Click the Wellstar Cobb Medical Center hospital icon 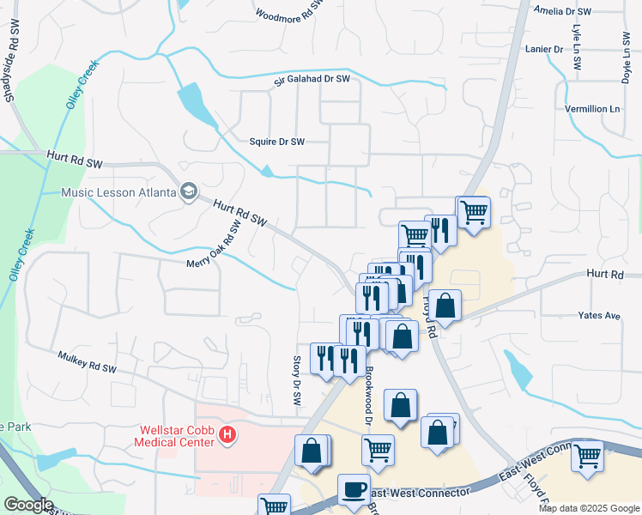point(227,435)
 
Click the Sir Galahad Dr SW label point(312,80)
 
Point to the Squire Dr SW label point(276,142)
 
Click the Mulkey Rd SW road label point(87,361)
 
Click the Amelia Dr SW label point(563,11)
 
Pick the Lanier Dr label point(544,49)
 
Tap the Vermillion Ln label point(591,109)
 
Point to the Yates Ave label point(599,316)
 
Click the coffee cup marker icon point(353,488)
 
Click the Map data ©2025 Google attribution point(589,508)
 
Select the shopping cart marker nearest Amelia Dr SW point(473,210)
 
